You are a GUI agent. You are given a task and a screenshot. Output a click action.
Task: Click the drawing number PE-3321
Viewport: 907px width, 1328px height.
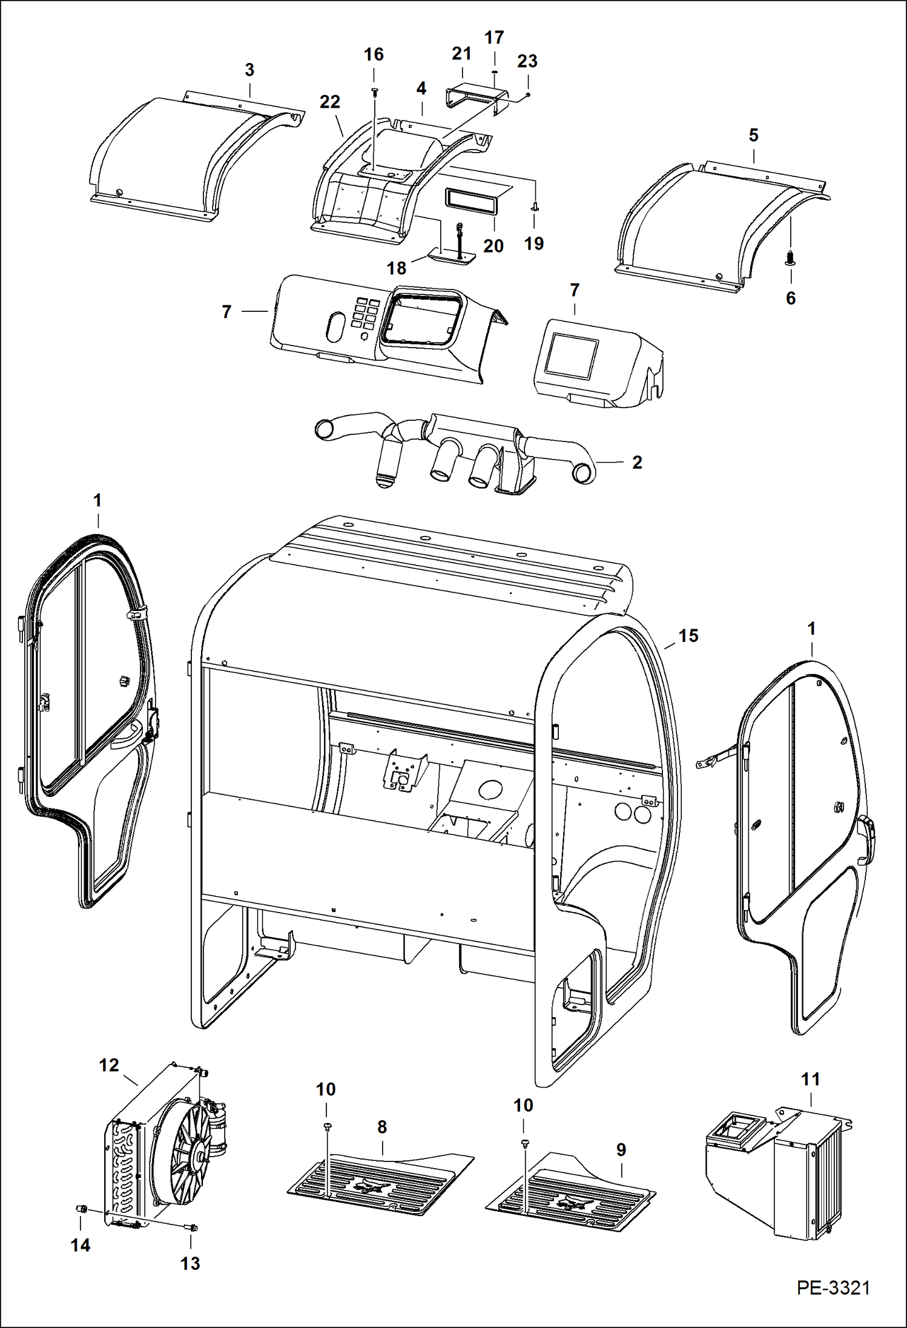pos(833,1287)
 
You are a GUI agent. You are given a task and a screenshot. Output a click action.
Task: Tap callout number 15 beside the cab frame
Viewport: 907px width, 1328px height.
pos(688,635)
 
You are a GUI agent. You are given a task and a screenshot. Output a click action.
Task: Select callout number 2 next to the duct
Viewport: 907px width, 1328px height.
pos(637,462)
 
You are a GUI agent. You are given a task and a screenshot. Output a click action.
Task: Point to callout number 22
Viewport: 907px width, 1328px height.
pos(329,102)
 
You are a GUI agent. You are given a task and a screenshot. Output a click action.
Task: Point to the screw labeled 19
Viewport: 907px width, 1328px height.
pos(535,208)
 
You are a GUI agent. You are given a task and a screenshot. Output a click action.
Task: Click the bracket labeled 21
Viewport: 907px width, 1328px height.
pos(472,97)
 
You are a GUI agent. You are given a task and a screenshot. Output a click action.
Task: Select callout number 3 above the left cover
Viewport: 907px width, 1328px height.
pos(249,70)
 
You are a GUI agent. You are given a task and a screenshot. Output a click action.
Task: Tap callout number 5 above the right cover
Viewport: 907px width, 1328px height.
pos(753,135)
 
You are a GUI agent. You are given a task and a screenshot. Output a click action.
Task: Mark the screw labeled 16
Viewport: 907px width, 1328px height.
pos(374,91)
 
